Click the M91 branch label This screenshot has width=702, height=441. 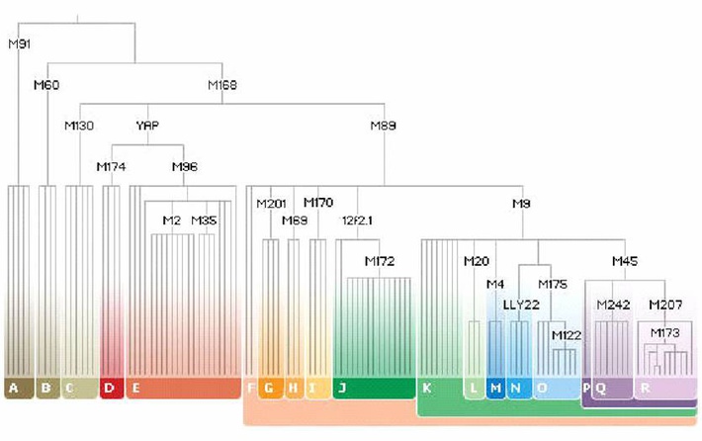pyautogui.click(x=20, y=44)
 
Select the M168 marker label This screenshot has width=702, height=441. pyautogui.click(x=222, y=85)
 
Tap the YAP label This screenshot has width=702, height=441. pyautogui.click(x=147, y=126)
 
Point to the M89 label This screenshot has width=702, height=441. pyautogui.click(x=384, y=126)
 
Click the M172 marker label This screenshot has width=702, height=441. pyautogui.click(x=380, y=261)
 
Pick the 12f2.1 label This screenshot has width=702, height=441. pyautogui.click(x=357, y=220)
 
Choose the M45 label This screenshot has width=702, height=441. pyautogui.click(x=625, y=261)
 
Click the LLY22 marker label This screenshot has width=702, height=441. pyautogui.click(x=521, y=304)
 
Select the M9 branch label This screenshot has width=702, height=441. pyautogui.click(x=521, y=204)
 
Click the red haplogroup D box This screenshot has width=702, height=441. pyautogui.click(x=111, y=388)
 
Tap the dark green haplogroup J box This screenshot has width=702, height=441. pyautogui.click(x=374, y=388)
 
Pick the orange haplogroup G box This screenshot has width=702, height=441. pyautogui.click(x=270, y=388)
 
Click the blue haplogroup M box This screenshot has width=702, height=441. pyautogui.click(x=494, y=388)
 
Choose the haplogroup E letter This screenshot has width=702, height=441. pyautogui.click(x=135, y=388)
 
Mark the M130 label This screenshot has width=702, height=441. pyautogui.click(x=79, y=126)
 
